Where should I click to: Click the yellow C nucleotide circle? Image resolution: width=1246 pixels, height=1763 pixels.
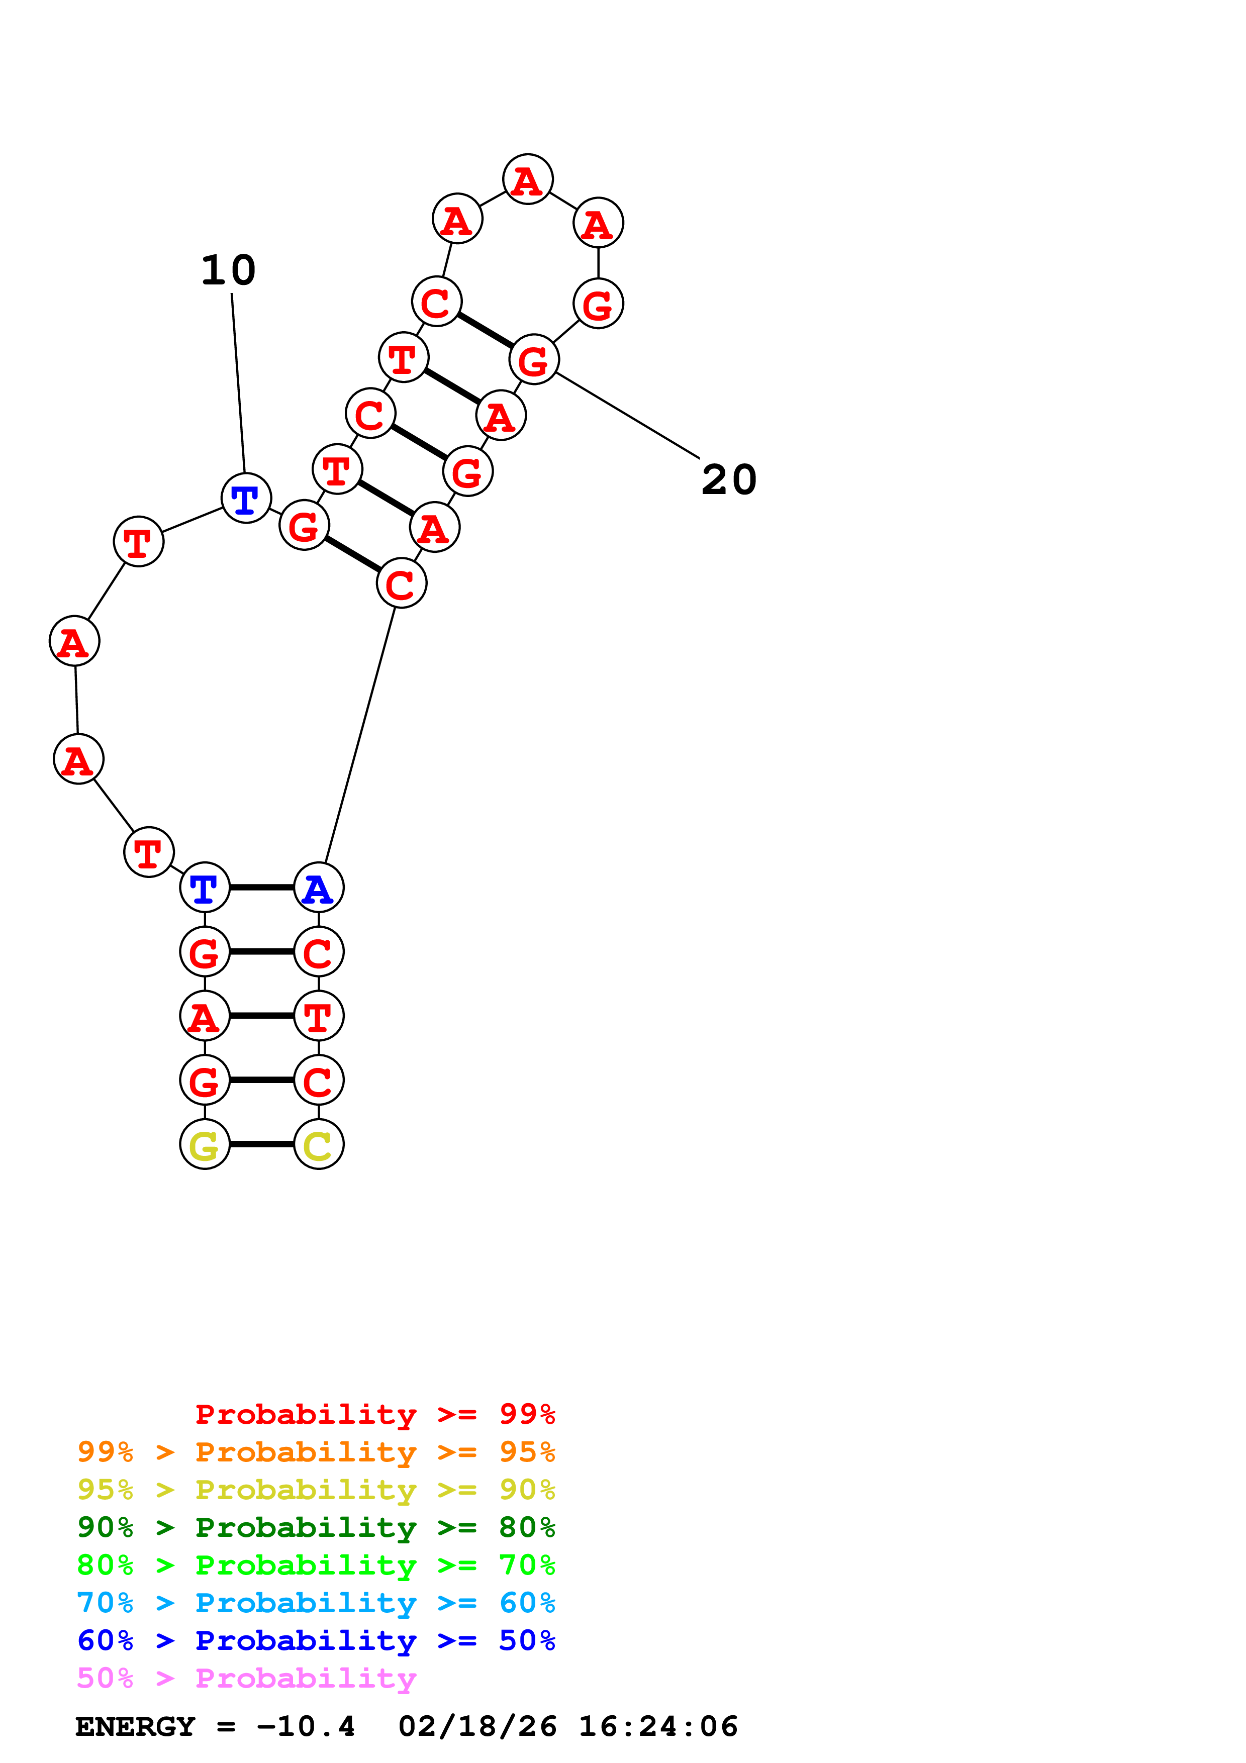click(319, 1145)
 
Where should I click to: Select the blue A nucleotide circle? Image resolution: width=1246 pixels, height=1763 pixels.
click(319, 888)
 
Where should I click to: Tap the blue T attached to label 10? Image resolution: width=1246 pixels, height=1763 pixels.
click(246, 499)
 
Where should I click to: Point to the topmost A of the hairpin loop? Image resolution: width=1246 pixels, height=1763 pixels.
click(527, 179)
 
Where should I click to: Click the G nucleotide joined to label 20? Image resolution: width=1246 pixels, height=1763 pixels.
click(534, 359)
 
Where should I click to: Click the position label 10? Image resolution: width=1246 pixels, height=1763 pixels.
click(228, 270)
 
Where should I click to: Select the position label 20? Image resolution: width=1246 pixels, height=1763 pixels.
click(729, 480)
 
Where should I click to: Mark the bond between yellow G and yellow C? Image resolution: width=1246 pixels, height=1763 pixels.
click(262, 1145)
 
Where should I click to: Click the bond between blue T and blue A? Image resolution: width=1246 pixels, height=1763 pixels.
click(262, 888)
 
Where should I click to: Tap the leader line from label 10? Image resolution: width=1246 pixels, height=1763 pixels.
click(238, 384)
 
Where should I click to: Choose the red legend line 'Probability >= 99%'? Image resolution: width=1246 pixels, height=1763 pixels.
click(374, 1414)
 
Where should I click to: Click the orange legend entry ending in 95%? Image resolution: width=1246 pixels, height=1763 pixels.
click(316, 1452)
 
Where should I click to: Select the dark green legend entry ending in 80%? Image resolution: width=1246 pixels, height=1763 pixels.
click(316, 1527)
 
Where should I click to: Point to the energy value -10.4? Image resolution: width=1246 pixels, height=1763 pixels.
click(306, 1727)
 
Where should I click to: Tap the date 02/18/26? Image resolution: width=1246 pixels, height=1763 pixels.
click(477, 1727)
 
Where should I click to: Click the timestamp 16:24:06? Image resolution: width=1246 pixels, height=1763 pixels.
click(658, 1727)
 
